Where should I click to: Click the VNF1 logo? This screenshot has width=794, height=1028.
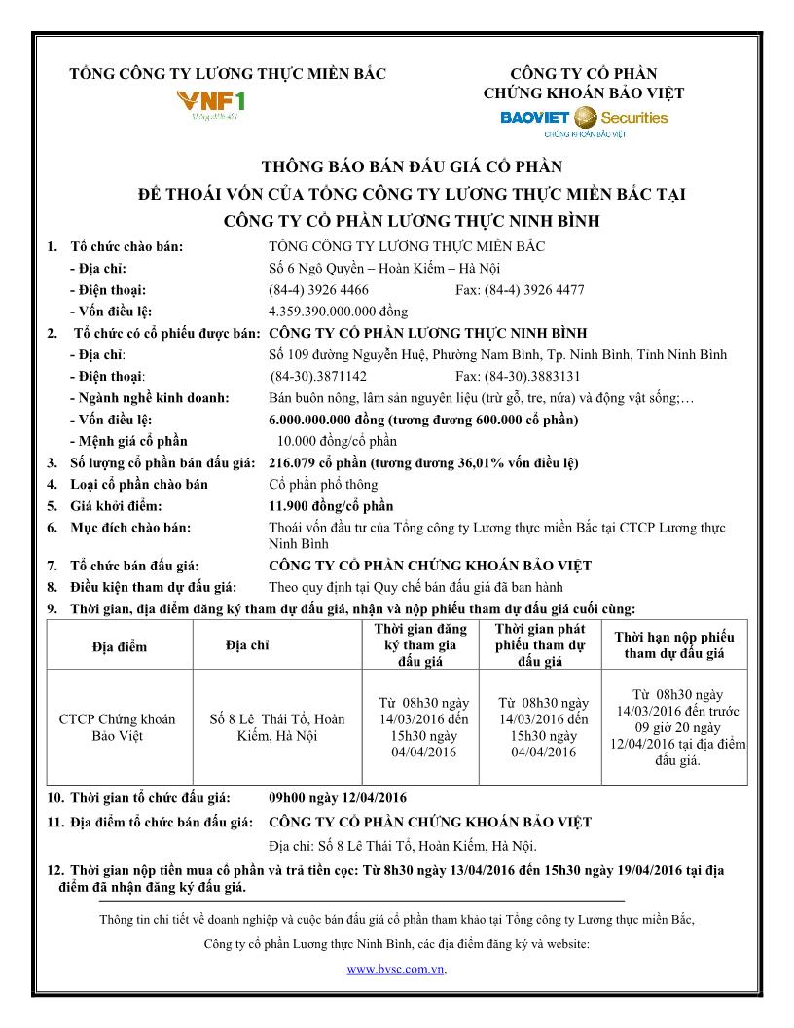point(210,102)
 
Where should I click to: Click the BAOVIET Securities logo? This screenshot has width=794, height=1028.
point(583,119)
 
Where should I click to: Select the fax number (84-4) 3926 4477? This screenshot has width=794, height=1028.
point(520,290)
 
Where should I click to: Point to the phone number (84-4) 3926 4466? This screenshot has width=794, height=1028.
point(318,290)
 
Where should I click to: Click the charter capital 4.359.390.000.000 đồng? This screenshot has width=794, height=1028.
point(338,312)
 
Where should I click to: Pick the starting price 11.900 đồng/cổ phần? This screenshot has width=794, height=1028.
point(331,506)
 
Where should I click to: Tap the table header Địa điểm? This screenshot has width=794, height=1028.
point(118,646)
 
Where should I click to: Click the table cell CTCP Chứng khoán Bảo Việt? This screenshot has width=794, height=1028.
point(118,727)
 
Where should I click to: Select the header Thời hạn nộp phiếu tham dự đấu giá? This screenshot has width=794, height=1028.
point(674,645)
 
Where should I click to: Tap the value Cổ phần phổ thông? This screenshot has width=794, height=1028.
point(323,485)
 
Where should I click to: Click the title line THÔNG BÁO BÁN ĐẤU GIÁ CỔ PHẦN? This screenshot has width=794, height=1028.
point(412,166)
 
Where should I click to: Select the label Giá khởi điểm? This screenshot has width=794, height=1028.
point(116,506)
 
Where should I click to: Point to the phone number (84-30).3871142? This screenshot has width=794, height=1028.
point(319,376)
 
